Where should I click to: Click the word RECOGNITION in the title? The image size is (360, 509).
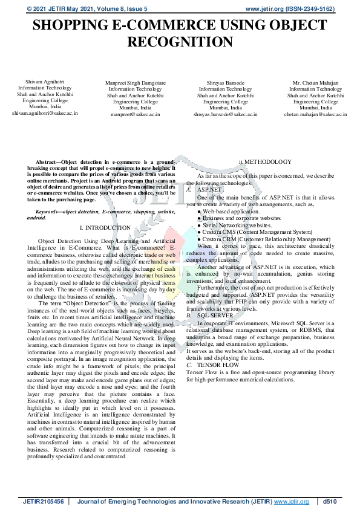coord(180,42)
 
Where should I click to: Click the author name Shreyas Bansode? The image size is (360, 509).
coord(225,82)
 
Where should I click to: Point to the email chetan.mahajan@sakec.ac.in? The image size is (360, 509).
coord(316,114)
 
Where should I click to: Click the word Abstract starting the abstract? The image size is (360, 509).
coord(48,163)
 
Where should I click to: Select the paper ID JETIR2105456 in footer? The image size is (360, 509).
coord(44,502)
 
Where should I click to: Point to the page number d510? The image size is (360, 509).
coord(330,502)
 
